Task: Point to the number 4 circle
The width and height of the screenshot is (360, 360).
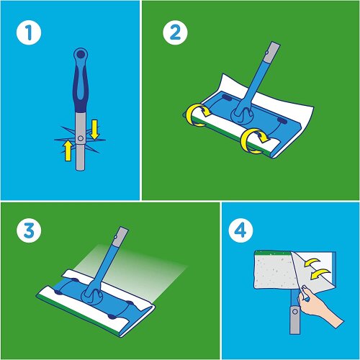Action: point(239,232)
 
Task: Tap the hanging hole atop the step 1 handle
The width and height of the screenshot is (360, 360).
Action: point(81,53)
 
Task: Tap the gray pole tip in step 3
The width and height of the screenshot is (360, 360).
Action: point(119,235)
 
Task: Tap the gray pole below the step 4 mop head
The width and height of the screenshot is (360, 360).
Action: point(294,320)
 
